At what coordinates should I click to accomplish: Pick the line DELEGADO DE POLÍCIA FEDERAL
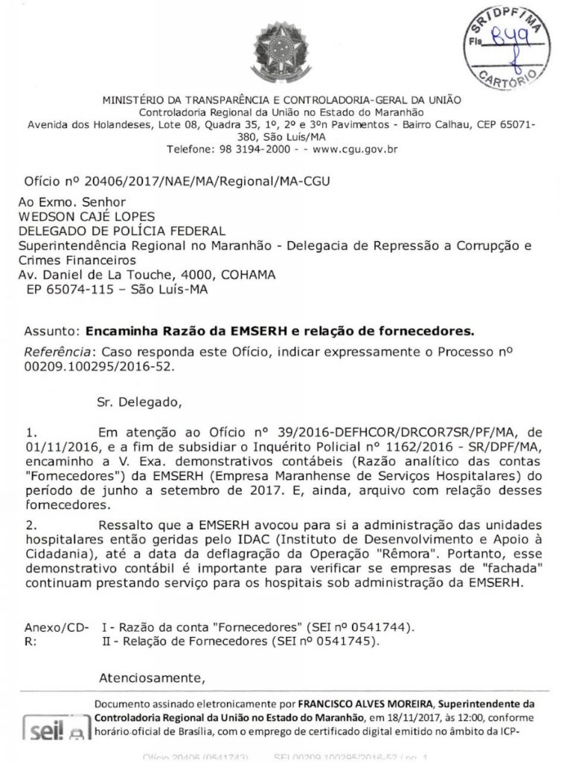pyautogui.click(x=121, y=231)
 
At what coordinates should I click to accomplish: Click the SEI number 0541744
pyautogui.click(x=379, y=627)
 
